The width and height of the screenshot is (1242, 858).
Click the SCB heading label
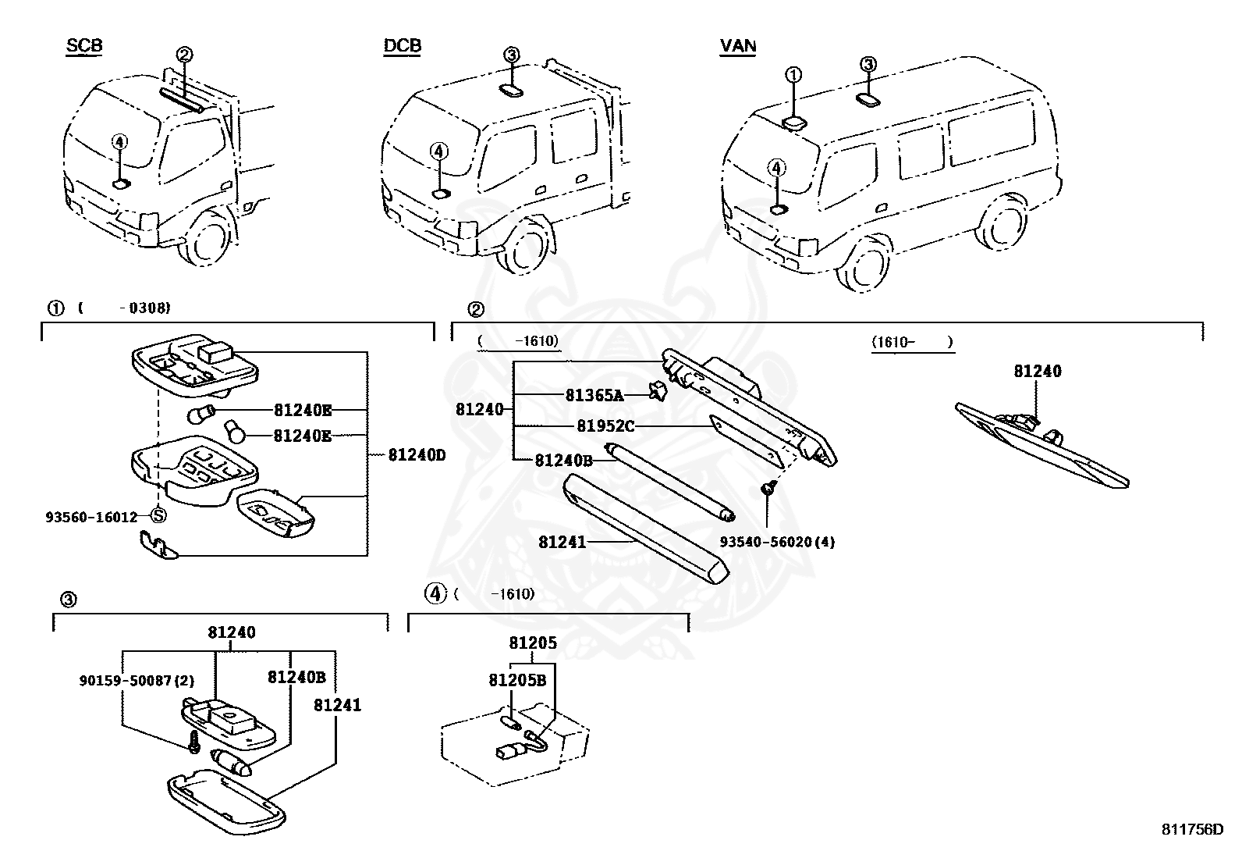click(x=83, y=46)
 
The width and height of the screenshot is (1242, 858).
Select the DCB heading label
click(x=402, y=46)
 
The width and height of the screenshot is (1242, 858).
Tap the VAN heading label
click(x=737, y=46)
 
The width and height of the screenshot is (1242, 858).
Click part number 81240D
click(x=417, y=454)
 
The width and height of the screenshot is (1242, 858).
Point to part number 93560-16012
click(x=91, y=516)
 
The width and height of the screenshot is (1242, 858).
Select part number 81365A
click(x=594, y=396)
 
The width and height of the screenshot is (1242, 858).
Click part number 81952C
click(x=605, y=426)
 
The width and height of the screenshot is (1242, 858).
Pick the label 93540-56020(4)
click(x=777, y=542)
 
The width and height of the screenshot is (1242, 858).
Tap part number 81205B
click(x=517, y=680)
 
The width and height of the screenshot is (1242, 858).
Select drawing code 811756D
click(x=1192, y=830)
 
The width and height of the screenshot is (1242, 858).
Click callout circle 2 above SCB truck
click(x=184, y=55)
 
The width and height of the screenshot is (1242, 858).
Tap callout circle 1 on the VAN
click(x=793, y=75)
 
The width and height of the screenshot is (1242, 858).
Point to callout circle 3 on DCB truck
click(x=510, y=55)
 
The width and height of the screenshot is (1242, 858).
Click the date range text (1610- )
click(x=912, y=343)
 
